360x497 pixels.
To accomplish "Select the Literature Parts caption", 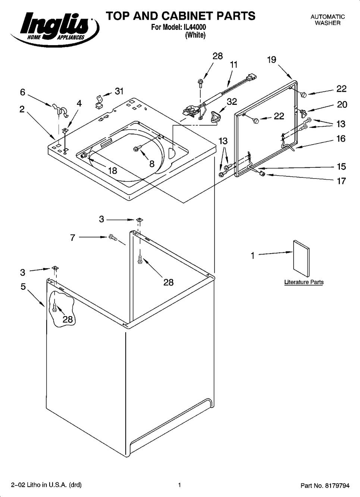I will (304, 282).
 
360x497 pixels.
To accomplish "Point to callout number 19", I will (272, 60).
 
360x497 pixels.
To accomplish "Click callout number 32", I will (232, 102).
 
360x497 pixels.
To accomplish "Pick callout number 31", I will (119, 91).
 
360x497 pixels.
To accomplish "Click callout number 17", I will (341, 181).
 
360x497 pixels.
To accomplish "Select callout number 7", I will (73, 237).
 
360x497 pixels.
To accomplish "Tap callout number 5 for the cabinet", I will (23, 287).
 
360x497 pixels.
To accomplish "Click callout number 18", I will (112, 171).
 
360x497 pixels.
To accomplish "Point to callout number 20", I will (342, 105).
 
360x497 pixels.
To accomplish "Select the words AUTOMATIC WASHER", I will (328, 20).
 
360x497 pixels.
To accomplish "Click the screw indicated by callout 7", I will (112, 237).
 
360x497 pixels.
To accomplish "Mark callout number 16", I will (341, 139).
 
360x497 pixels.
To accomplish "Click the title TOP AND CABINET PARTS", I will (181, 16).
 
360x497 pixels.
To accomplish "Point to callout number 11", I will (234, 65).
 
